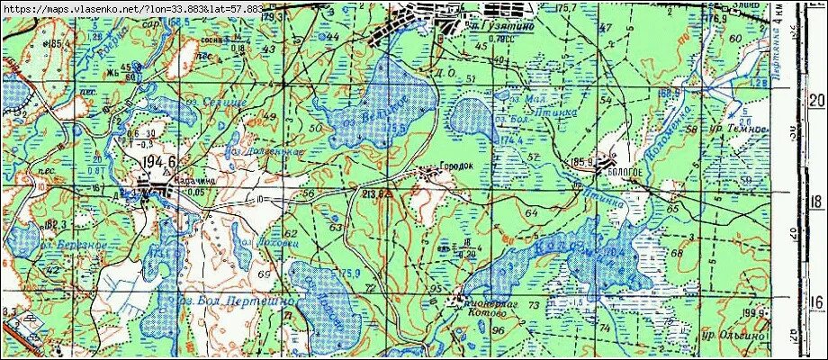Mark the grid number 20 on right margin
coord(816,99)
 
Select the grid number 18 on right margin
coord(816,200)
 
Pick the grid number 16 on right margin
coord(816,302)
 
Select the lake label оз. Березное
coord(74,245)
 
